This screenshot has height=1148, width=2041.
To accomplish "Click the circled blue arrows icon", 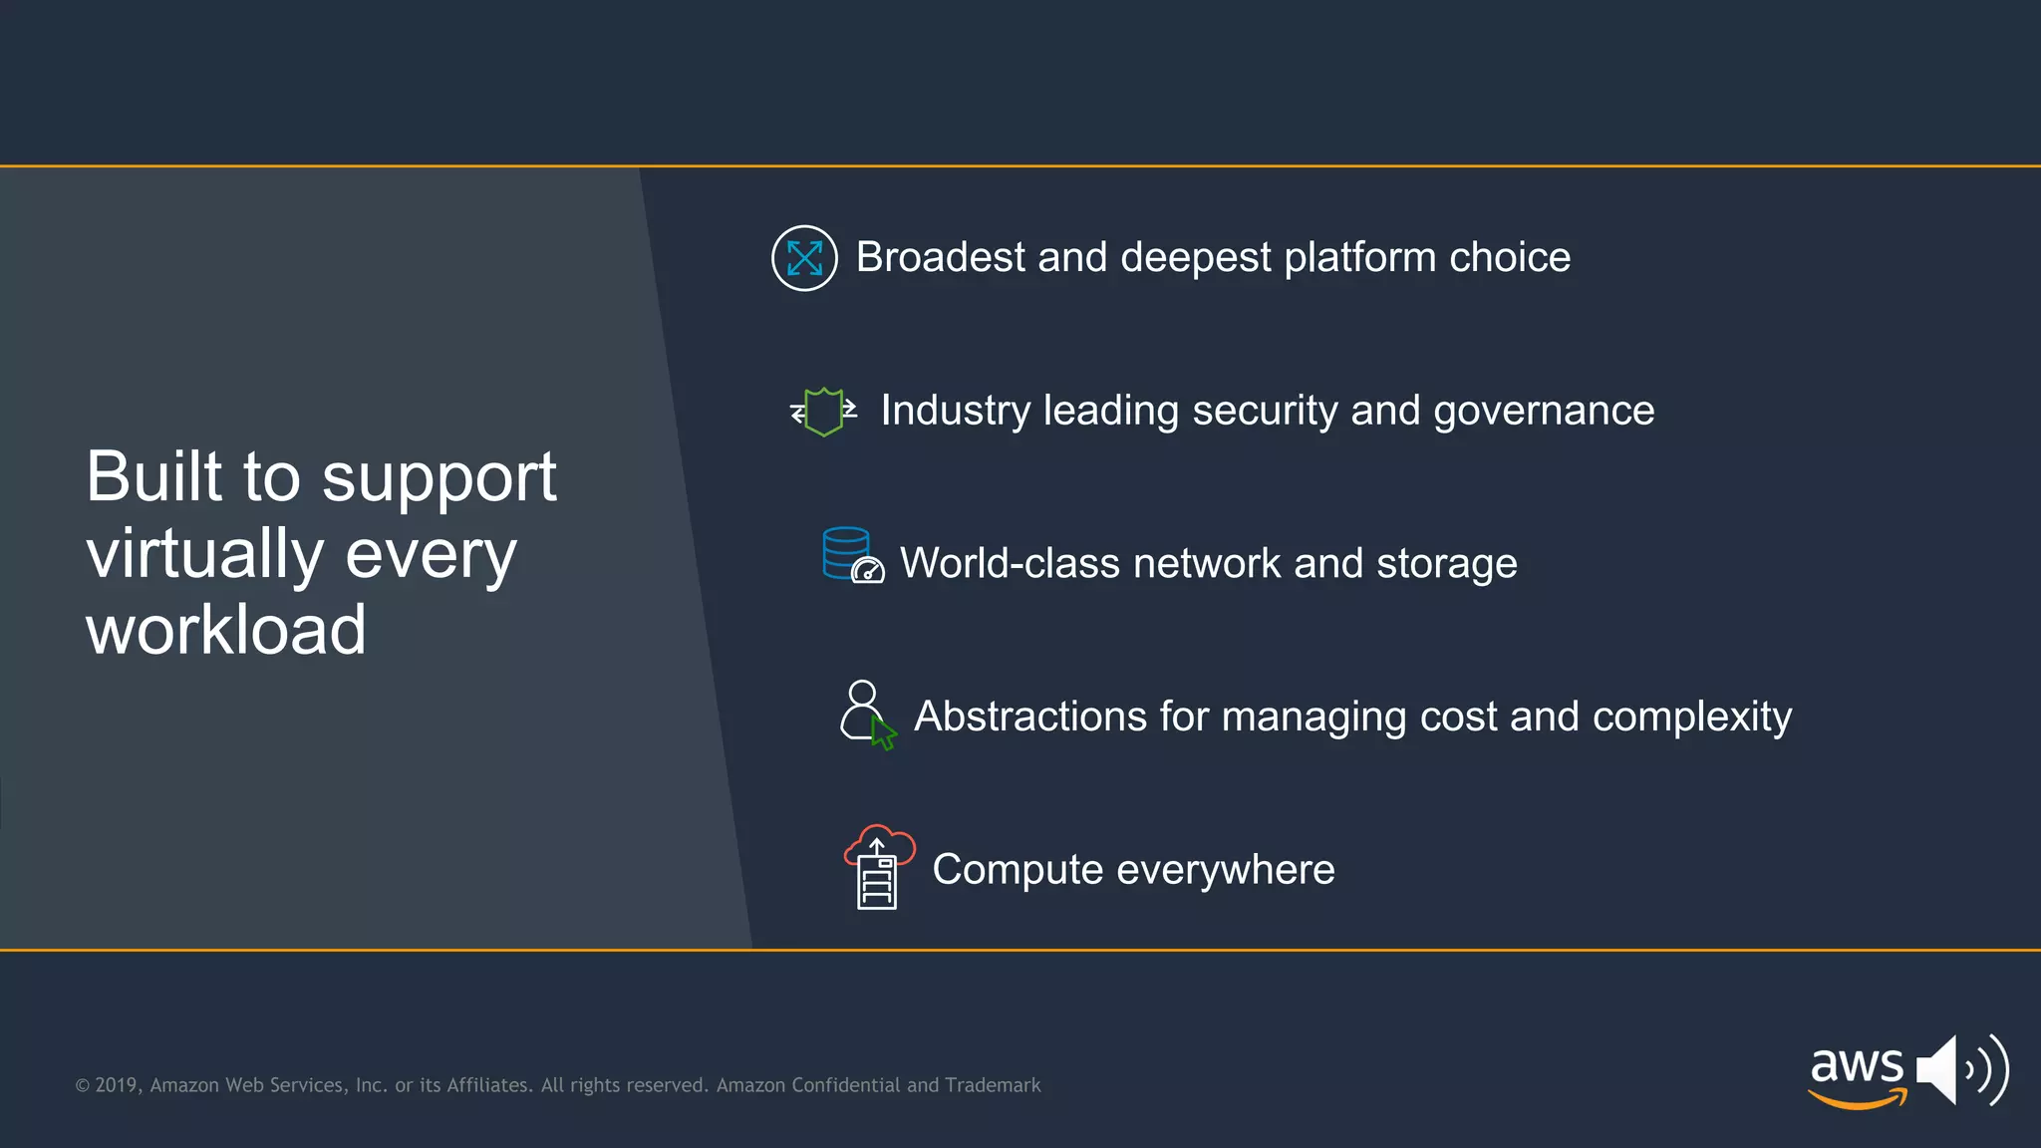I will click(x=804, y=258).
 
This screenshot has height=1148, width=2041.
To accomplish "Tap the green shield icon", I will click(x=823, y=412).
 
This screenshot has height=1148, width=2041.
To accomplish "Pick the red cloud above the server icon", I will click(x=880, y=844).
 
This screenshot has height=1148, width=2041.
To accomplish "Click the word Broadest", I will click(x=940, y=258).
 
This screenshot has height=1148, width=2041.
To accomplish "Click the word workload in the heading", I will click(x=226, y=631).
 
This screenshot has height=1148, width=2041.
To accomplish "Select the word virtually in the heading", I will click(x=204, y=554).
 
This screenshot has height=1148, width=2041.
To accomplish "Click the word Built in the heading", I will click(x=153, y=476).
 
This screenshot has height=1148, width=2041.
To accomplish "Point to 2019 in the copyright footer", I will click(x=118, y=1085).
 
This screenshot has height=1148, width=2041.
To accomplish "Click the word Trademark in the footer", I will click(x=992, y=1085).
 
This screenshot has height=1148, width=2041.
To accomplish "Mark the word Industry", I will click(x=955, y=412).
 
